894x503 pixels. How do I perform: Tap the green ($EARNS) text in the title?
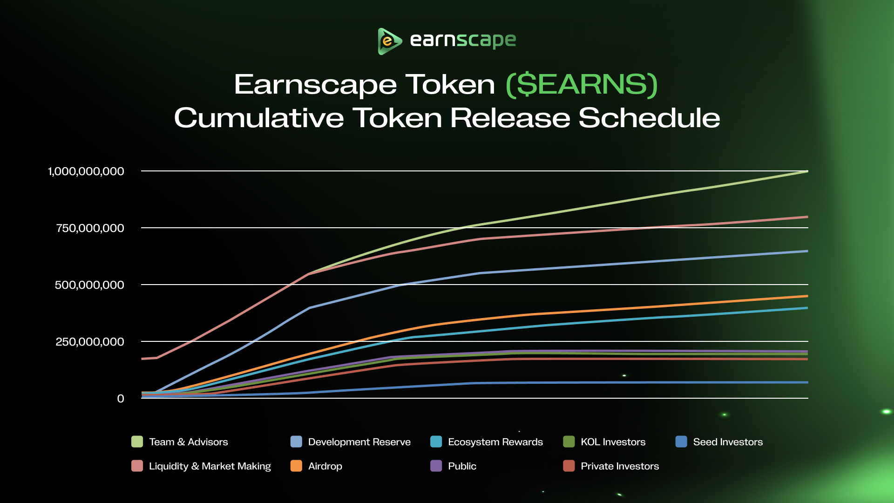(582, 85)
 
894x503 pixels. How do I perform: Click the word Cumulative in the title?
(259, 118)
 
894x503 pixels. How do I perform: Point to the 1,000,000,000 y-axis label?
(86, 171)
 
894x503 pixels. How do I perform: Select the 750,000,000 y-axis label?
(90, 228)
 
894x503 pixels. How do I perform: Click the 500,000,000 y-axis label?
(89, 285)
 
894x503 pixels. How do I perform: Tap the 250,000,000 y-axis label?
(90, 342)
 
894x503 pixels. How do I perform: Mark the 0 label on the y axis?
(121, 399)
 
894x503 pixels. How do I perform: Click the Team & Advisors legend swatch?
(137, 442)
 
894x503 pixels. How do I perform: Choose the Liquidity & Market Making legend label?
(210, 466)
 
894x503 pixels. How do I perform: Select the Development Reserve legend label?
(359, 442)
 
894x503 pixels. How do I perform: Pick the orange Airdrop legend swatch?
(296, 466)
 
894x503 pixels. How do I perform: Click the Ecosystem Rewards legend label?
(495, 442)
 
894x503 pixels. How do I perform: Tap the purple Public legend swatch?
(436, 466)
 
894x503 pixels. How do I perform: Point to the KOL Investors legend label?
(613, 442)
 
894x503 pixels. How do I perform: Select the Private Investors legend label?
(619, 466)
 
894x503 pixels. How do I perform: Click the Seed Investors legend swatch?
(681, 442)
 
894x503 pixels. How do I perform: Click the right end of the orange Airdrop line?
(806, 296)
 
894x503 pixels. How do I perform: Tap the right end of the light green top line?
(806, 172)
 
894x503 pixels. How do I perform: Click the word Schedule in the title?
(649, 118)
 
